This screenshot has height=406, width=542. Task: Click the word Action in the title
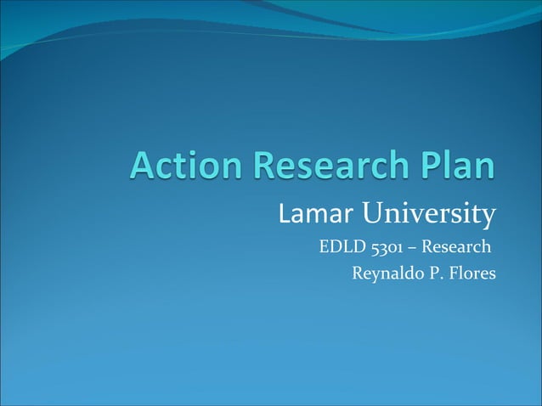[x=179, y=166]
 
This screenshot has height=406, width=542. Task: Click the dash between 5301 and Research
[x=414, y=248]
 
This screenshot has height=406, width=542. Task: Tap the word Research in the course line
[x=455, y=248]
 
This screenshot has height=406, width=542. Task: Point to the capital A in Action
[x=143, y=166]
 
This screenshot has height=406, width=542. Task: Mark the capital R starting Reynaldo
[x=357, y=273]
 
